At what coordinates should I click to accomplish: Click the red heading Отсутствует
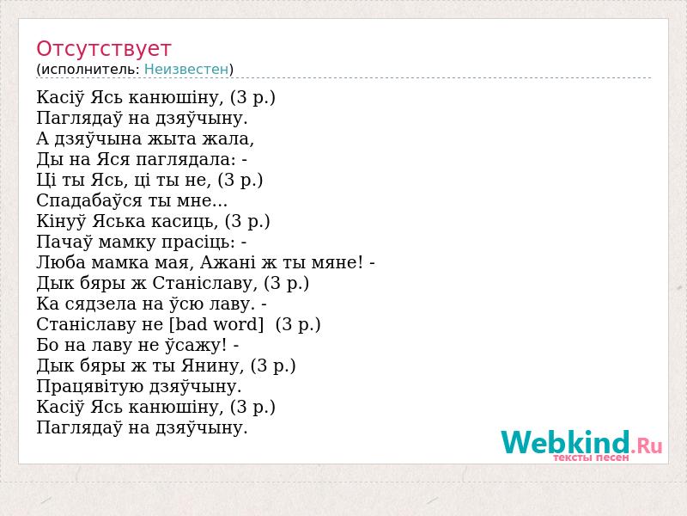[103, 49]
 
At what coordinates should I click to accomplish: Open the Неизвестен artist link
[186, 70]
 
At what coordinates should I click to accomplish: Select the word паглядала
[186, 159]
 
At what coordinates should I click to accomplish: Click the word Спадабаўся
[89, 200]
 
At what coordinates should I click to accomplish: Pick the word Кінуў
[61, 221]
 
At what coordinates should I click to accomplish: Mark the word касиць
[185, 221]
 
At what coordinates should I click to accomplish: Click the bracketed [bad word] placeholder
[216, 324]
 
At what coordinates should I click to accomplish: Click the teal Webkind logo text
[565, 442]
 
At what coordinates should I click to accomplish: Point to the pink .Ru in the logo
[647, 445]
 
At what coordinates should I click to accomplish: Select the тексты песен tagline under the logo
[591, 458]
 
